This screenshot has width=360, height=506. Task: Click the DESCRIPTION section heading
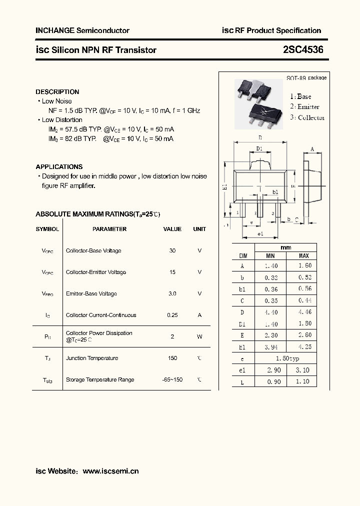(57, 92)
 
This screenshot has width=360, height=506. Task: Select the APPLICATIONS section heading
(59, 167)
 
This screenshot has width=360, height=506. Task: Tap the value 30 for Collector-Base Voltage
(172, 251)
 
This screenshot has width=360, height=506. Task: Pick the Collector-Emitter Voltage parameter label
(96, 272)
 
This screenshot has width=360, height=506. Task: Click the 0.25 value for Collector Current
(172, 315)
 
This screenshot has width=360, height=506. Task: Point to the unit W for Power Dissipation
(199, 337)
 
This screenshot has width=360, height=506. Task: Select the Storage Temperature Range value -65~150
(172, 380)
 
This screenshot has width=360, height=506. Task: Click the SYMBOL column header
(47, 229)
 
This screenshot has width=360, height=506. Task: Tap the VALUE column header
(172, 229)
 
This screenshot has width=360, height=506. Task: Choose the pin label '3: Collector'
(307, 117)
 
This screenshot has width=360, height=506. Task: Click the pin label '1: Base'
(300, 96)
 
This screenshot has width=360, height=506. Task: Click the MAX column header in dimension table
(303, 256)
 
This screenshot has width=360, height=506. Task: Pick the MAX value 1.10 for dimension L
(303, 381)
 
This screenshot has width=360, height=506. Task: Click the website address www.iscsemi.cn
(110, 471)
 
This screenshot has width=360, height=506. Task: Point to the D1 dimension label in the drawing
(259, 149)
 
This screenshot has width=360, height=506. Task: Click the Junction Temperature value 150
(172, 358)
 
